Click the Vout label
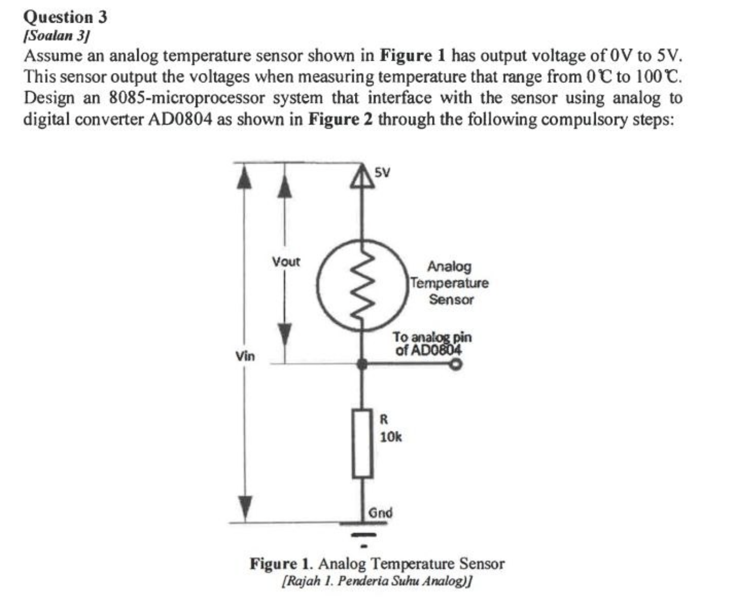point(286,262)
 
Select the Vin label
point(245,356)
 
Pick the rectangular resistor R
point(362,443)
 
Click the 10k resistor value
point(391,437)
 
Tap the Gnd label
point(380,512)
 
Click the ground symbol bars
point(363,534)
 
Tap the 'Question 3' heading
point(66,17)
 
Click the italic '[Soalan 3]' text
point(57,35)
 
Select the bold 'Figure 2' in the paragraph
point(340,119)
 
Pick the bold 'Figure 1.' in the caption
point(281,563)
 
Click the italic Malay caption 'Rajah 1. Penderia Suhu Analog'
point(377,580)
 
